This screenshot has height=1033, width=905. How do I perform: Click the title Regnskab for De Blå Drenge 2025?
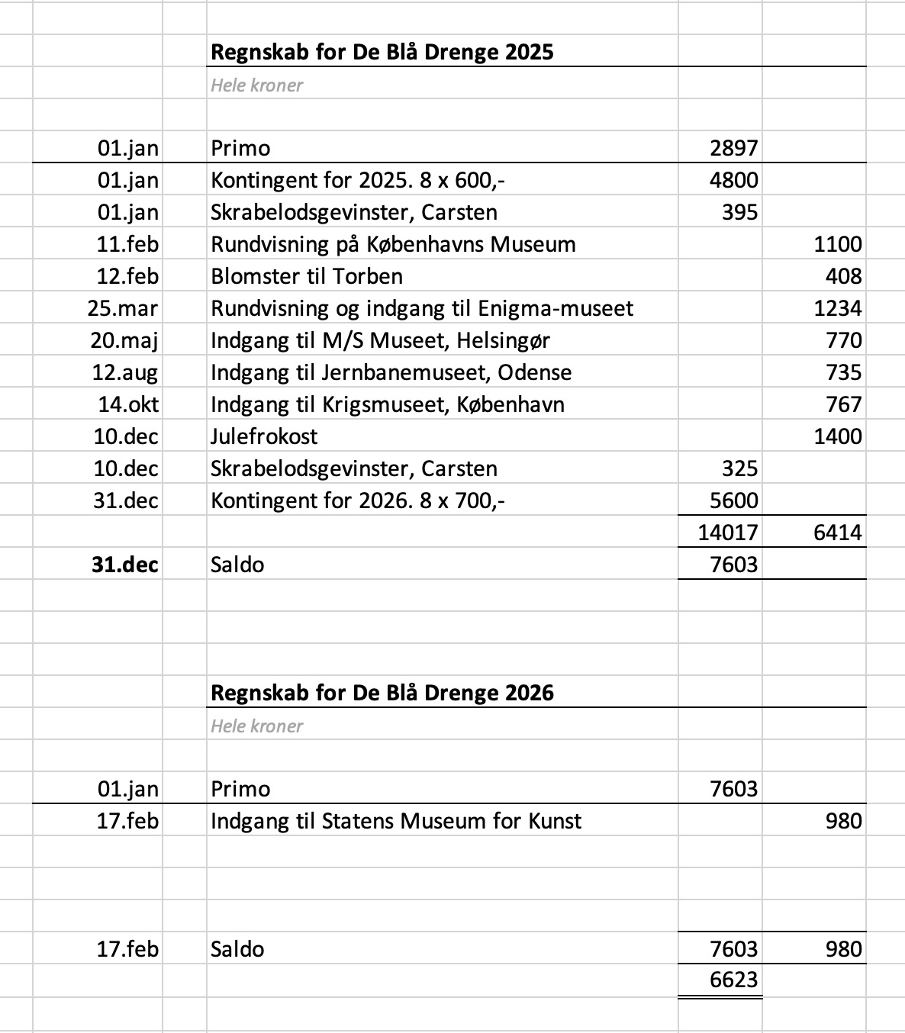point(382,52)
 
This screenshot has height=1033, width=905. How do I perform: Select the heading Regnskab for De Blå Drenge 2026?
point(382,693)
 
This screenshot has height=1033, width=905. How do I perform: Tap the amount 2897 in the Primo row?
point(733,148)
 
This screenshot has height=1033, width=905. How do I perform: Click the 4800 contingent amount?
point(733,180)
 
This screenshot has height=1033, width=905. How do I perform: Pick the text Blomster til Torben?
point(306,276)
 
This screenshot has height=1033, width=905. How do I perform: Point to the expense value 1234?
point(837,308)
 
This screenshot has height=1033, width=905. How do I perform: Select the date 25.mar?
point(123,308)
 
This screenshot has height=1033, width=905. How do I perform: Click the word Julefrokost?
point(264,436)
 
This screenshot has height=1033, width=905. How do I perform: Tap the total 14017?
point(727,533)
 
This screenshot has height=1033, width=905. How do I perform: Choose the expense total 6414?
point(837,533)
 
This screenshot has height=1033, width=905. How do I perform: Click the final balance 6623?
point(733,980)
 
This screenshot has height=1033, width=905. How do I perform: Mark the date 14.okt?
point(128,404)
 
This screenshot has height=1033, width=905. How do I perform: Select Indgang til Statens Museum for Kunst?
point(395,821)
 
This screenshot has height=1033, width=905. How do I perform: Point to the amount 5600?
point(733,500)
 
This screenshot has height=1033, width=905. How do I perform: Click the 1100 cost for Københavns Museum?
point(837,244)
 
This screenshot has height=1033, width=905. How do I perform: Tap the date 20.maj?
point(124,340)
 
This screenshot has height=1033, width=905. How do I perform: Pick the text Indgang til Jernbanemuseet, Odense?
point(391,372)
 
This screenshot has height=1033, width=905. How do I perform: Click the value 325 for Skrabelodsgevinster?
point(739,468)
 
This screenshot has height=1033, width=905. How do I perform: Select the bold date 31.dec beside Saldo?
point(125,565)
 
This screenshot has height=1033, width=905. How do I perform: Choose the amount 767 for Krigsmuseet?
point(843,404)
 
